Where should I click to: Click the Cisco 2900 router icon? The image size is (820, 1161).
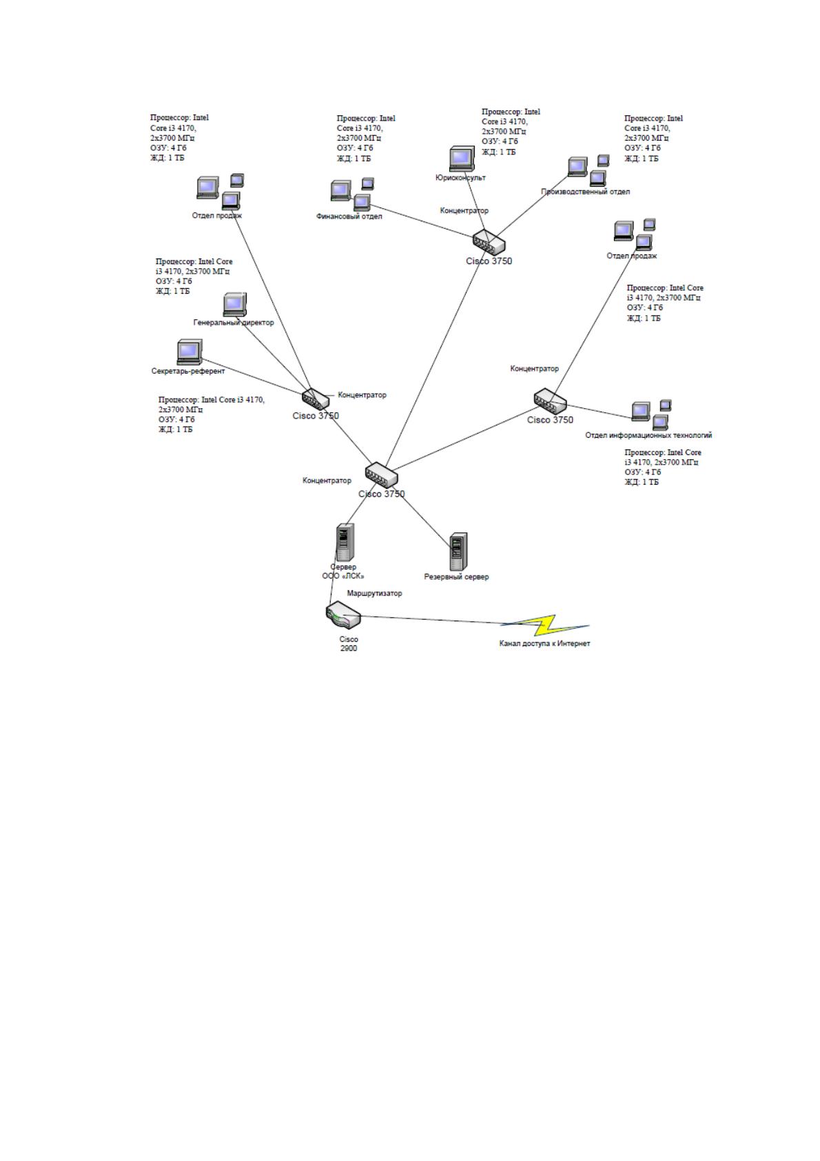[343, 616]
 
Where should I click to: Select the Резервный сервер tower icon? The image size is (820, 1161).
[458, 552]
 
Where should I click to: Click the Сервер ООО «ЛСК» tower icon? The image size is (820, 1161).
[345, 543]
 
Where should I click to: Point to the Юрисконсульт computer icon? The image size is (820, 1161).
[462, 159]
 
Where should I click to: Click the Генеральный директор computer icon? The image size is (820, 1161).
[235, 305]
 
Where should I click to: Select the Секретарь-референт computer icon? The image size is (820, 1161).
[189, 352]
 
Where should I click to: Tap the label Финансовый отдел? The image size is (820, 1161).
[349, 216]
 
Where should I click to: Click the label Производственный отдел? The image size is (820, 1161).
[585, 192]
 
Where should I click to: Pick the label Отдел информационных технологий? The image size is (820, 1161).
[648, 436]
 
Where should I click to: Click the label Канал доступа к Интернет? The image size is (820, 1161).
[544, 644]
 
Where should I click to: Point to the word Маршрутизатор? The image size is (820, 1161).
[375, 594]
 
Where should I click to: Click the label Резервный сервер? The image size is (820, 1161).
[456, 577]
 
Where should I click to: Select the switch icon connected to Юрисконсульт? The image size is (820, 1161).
[489, 242]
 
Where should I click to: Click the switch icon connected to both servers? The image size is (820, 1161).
[381, 475]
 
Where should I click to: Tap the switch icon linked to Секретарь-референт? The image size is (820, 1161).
[316, 399]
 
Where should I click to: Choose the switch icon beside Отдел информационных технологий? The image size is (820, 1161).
[550, 401]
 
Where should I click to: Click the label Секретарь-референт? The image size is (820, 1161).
[188, 372]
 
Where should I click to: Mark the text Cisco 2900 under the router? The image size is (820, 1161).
[349, 644]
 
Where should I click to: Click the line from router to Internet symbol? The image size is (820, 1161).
[431, 619]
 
